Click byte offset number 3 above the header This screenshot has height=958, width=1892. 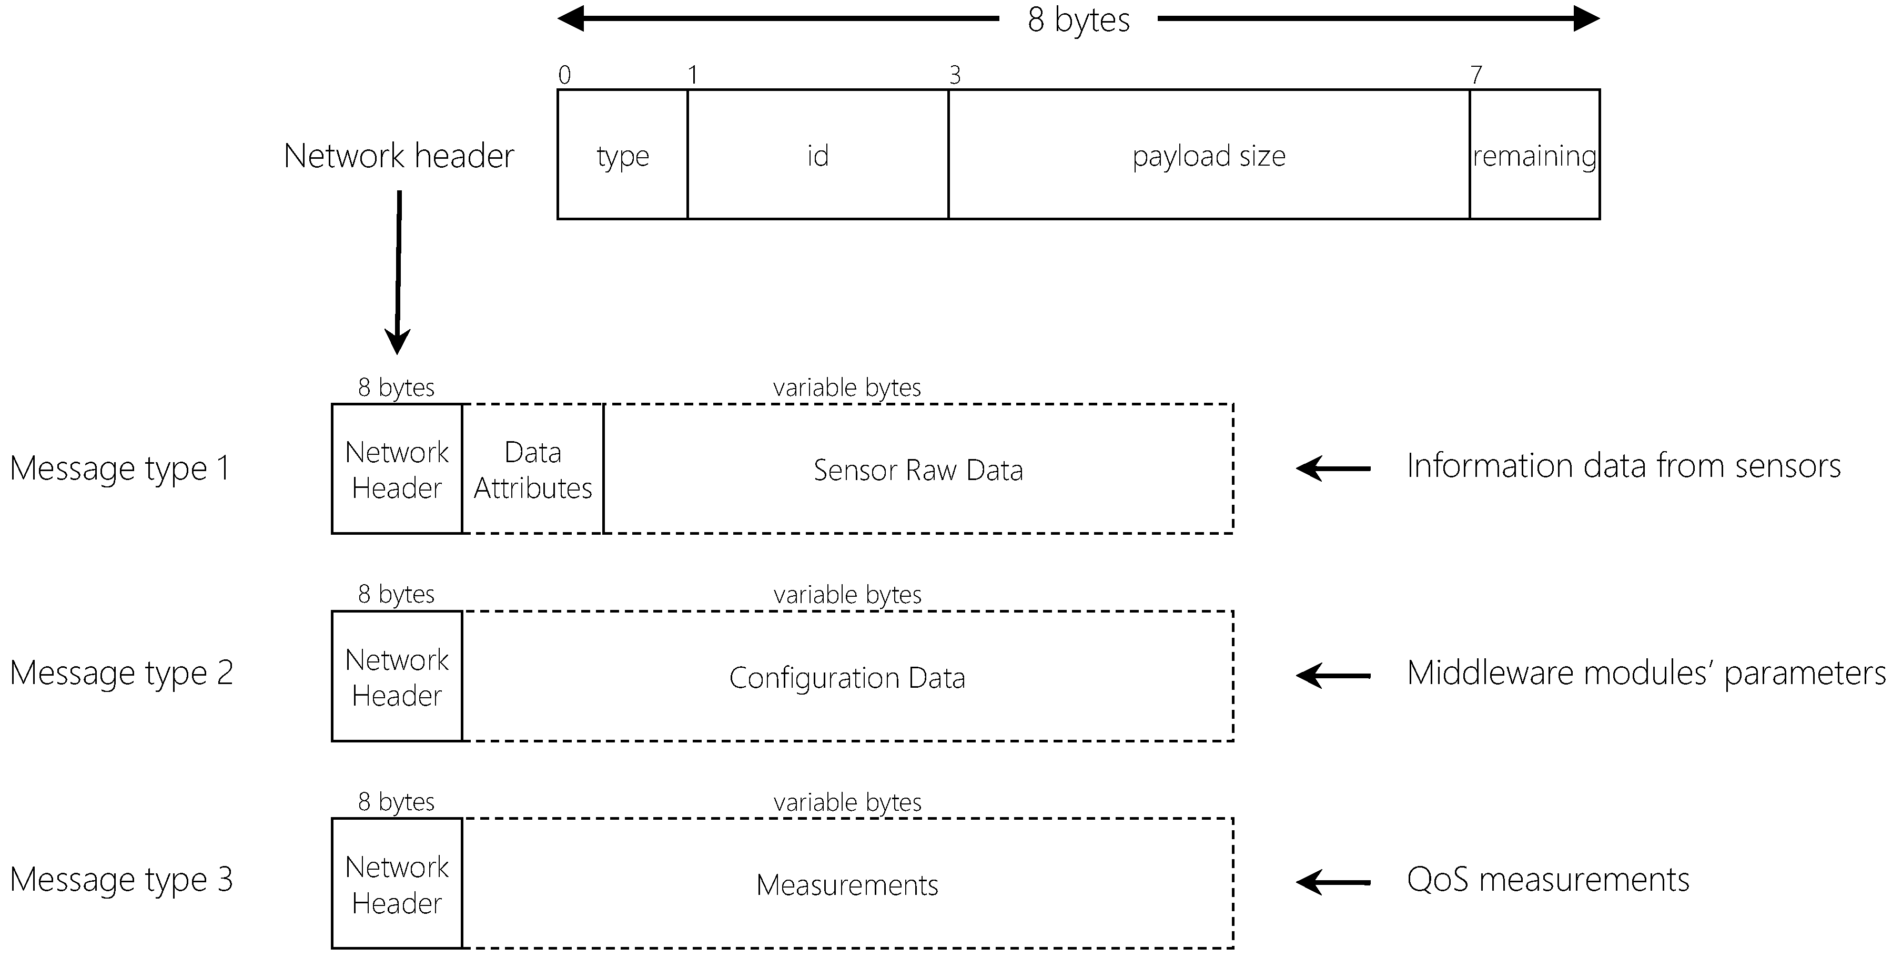(955, 75)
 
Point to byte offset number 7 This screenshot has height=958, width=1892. (1476, 75)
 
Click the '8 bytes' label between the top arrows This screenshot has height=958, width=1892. (1078, 20)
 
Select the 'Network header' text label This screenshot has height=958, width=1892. (399, 156)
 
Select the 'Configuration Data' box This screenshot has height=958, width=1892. (847, 677)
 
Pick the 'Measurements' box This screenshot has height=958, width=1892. (847, 884)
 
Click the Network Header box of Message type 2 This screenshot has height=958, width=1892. (397, 677)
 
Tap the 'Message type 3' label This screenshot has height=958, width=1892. (121, 879)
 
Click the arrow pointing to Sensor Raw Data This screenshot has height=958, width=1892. (1333, 467)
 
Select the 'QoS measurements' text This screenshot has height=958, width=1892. (1547, 879)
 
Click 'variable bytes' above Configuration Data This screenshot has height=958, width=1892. (847, 594)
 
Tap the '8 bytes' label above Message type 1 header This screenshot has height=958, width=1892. (396, 387)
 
